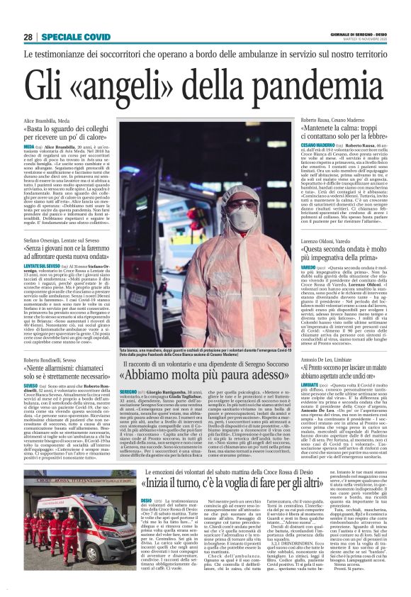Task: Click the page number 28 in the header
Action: pos(28,37)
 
